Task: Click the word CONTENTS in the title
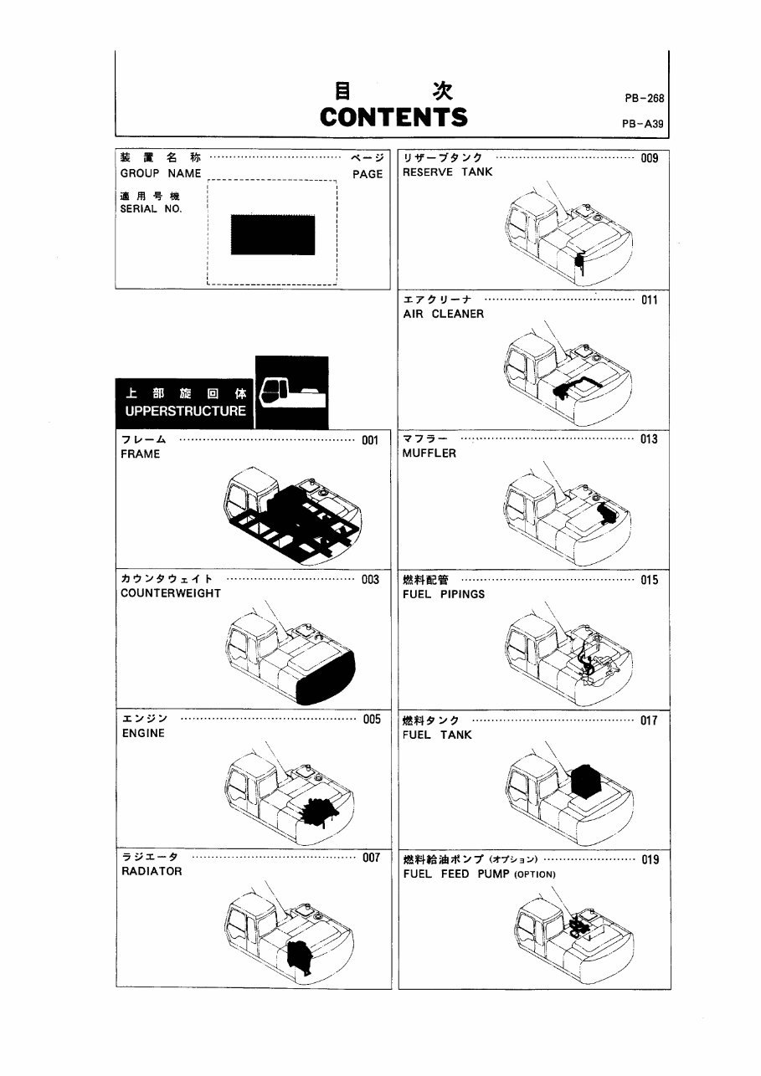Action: point(393,116)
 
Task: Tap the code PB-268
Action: point(644,98)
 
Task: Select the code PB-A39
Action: point(643,124)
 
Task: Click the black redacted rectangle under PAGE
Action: point(273,235)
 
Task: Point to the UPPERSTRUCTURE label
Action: point(185,411)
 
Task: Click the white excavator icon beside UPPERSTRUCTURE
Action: point(291,392)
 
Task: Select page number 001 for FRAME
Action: point(371,440)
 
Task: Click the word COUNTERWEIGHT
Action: point(171,593)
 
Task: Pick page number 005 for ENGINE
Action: point(372,719)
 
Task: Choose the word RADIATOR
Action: point(151,871)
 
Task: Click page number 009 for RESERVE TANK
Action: point(650,158)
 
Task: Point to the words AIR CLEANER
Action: point(443,314)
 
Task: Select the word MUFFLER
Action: point(429,453)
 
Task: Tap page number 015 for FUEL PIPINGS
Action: point(649,580)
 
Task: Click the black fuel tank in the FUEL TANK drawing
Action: point(592,780)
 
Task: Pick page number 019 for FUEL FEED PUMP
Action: point(650,859)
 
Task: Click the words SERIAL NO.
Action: point(151,209)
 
